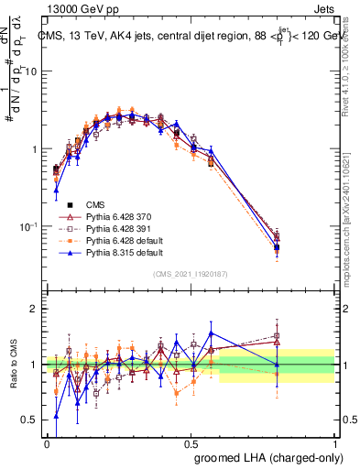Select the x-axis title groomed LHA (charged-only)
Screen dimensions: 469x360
point(265,457)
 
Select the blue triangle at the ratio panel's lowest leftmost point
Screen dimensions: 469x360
point(56,417)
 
